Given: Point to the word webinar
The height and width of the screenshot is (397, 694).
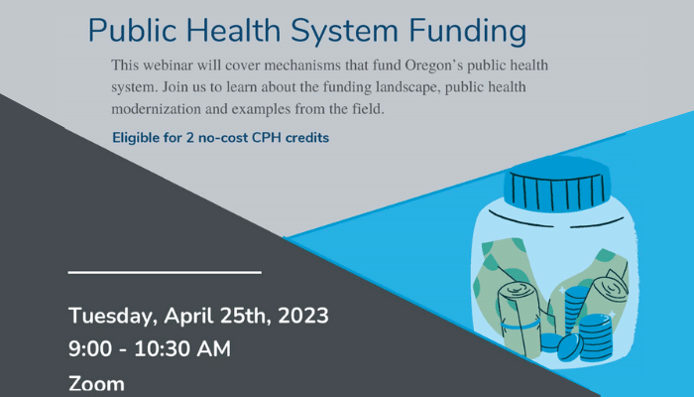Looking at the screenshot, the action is click(x=168, y=66).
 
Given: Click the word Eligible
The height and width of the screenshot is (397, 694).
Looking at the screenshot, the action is click(x=136, y=138).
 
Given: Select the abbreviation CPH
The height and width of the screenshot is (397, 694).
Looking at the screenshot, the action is click(x=266, y=138).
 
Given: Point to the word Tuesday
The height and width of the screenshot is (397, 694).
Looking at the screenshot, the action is click(x=113, y=317).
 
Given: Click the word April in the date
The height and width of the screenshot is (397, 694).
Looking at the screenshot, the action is click(x=188, y=317).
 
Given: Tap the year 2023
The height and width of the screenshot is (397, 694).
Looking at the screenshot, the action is click(x=303, y=316).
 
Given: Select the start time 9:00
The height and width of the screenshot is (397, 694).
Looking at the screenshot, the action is click(x=90, y=348).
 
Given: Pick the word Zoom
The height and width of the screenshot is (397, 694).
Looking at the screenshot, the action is click(x=96, y=384).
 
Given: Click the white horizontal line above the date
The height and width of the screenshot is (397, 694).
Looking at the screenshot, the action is click(x=165, y=272).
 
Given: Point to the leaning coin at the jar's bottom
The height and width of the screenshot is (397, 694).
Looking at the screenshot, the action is click(x=570, y=347).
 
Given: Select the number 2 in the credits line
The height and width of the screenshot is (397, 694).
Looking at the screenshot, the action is click(x=190, y=138).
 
